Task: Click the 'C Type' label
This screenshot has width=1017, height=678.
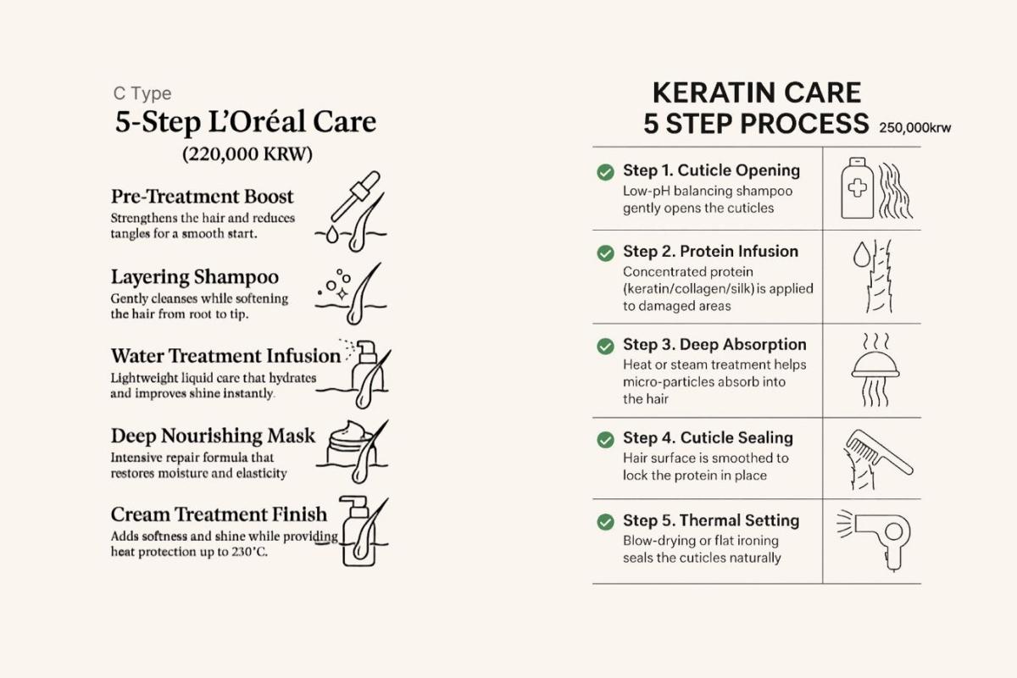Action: coord(142,93)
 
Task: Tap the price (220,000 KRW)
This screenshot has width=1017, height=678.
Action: coord(247,154)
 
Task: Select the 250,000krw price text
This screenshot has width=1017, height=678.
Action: coord(914,128)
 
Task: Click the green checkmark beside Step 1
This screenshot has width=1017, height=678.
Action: coord(605,172)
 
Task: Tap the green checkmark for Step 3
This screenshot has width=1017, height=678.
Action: coord(605,346)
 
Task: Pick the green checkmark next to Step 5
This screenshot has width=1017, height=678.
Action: coord(605,522)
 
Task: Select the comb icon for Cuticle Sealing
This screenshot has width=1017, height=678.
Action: coord(879,452)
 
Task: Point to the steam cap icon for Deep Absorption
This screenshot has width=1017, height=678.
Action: coord(875,370)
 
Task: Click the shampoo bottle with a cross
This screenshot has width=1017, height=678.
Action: coord(857,188)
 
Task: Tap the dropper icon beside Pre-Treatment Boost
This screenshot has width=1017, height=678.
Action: coord(355,196)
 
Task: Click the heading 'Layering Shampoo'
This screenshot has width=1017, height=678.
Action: coord(195,276)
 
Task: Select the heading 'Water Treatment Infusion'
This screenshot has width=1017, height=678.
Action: coord(225,356)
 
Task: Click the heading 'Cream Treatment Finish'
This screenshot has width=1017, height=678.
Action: coord(219,514)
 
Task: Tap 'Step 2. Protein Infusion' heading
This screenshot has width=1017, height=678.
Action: coord(710,251)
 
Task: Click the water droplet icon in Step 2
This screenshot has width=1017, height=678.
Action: coord(861,254)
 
